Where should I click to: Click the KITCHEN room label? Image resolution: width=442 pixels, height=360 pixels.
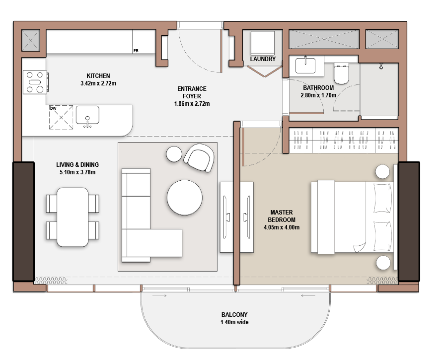click(98, 76)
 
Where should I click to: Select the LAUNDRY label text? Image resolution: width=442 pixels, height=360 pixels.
click(263, 59)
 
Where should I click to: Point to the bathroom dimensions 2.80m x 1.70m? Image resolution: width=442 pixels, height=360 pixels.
click(319, 95)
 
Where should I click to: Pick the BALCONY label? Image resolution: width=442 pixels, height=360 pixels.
click(234, 315)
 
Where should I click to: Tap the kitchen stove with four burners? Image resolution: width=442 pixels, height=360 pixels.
click(35, 82)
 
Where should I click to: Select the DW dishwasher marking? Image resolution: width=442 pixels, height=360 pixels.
click(53, 108)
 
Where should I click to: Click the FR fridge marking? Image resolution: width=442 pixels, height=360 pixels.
click(136, 51)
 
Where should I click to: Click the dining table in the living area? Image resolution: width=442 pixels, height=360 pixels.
click(73, 217)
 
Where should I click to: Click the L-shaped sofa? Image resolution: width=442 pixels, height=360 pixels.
click(144, 223)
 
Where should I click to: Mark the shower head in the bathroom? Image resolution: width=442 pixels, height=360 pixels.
click(381, 66)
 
